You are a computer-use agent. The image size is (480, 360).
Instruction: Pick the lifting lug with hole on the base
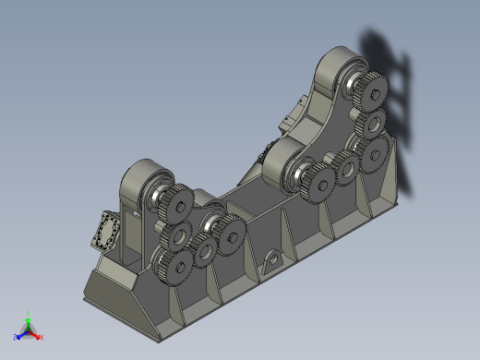[x=272, y=262]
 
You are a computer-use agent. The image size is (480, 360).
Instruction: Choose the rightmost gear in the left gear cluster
[x=229, y=234]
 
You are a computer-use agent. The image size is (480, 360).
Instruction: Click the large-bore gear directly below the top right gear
[x=377, y=123]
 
